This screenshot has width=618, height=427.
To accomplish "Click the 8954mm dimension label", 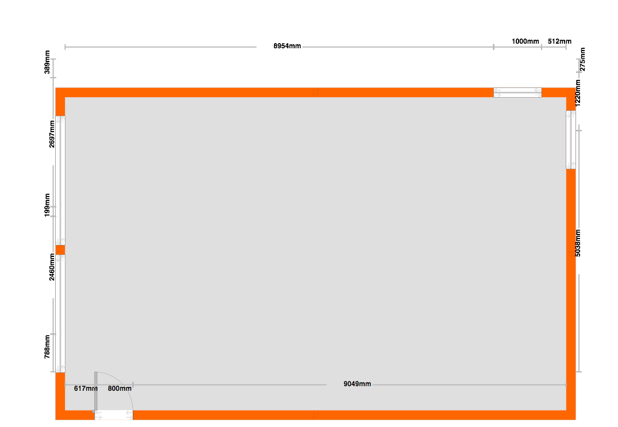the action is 287,46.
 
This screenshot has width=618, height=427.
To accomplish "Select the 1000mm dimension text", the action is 526,41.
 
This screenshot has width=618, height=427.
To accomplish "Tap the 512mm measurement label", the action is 559,41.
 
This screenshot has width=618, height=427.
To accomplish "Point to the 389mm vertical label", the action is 47,62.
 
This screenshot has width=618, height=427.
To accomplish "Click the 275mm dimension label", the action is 582,59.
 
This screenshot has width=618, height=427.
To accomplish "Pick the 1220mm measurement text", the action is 578,93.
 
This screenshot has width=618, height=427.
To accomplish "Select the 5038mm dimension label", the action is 578,243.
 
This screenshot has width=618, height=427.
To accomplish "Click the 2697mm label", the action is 52,134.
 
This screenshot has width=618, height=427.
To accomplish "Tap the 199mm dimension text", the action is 47,205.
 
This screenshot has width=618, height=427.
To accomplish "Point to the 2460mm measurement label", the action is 52,267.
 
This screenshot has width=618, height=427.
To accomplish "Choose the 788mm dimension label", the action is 47,347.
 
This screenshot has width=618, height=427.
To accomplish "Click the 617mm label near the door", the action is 86,388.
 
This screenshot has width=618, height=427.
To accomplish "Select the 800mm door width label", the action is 120,388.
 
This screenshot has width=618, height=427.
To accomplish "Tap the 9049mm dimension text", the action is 357,384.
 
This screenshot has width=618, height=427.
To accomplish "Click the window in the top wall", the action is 517,93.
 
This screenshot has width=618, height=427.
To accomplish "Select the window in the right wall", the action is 571,140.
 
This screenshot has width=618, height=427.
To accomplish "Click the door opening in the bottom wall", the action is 114,415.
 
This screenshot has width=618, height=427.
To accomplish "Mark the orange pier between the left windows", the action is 60,250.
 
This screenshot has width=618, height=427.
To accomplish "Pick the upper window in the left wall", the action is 60,180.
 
